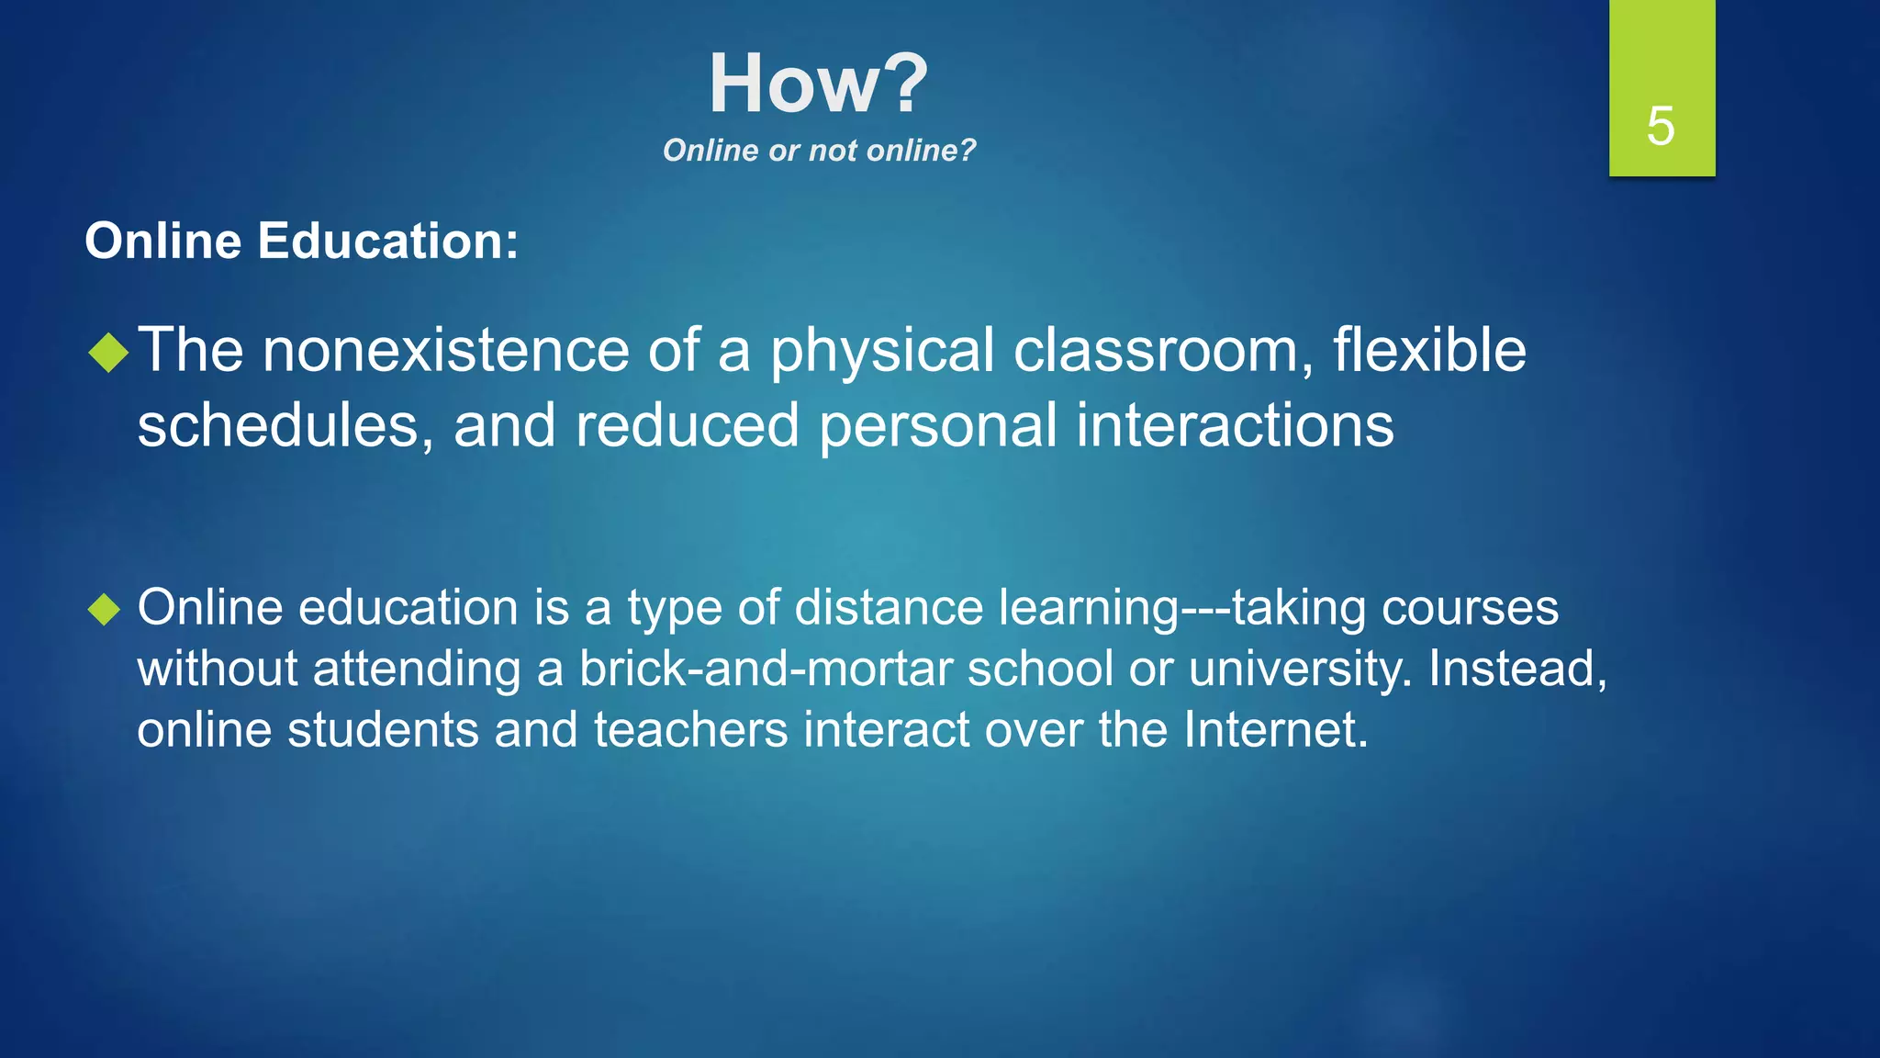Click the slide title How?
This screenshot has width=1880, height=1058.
[818, 84]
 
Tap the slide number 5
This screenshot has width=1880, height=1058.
[1660, 126]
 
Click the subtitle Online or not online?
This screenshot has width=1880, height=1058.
[819, 151]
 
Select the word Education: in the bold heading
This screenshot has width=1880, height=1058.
[387, 242]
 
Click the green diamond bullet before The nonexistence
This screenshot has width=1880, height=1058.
[108, 353]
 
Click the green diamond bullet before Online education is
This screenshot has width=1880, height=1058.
[105, 609]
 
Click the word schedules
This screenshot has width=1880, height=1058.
[278, 426]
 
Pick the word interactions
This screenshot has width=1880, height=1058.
[1234, 426]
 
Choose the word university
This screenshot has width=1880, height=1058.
[1296, 669]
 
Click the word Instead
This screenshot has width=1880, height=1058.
[1515, 669]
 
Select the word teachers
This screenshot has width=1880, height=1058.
[690, 730]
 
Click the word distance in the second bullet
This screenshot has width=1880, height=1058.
[889, 608]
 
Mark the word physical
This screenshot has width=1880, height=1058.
[881, 353]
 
